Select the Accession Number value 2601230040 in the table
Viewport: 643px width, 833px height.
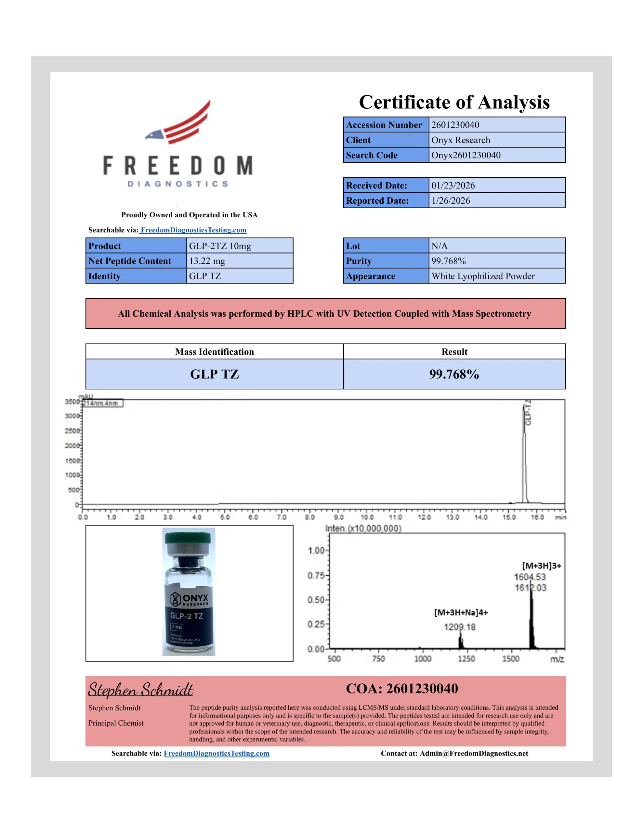click(x=455, y=125)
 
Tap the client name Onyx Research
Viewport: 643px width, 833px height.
click(x=460, y=140)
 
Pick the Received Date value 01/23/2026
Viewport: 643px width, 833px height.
click(x=453, y=185)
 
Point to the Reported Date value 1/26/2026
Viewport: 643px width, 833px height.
click(x=451, y=201)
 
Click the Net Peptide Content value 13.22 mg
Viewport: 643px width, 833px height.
click(x=207, y=261)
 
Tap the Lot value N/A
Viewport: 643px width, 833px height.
click(x=439, y=246)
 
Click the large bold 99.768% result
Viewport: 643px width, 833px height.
click(x=454, y=374)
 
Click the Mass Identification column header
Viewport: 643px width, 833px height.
click(x=214, y=352)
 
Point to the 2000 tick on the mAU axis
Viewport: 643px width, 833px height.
click(x=72, y=445)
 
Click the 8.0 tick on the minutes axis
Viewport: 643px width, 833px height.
click(x=309, y=517)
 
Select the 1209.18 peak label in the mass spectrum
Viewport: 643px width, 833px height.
click(x=459, y=627)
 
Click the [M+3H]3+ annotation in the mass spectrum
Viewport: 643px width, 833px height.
click(x=541, y=566)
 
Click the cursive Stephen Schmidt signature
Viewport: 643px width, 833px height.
click(x=141, y=690)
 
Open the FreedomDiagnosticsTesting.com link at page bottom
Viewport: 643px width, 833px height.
click(x=217, y=753)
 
